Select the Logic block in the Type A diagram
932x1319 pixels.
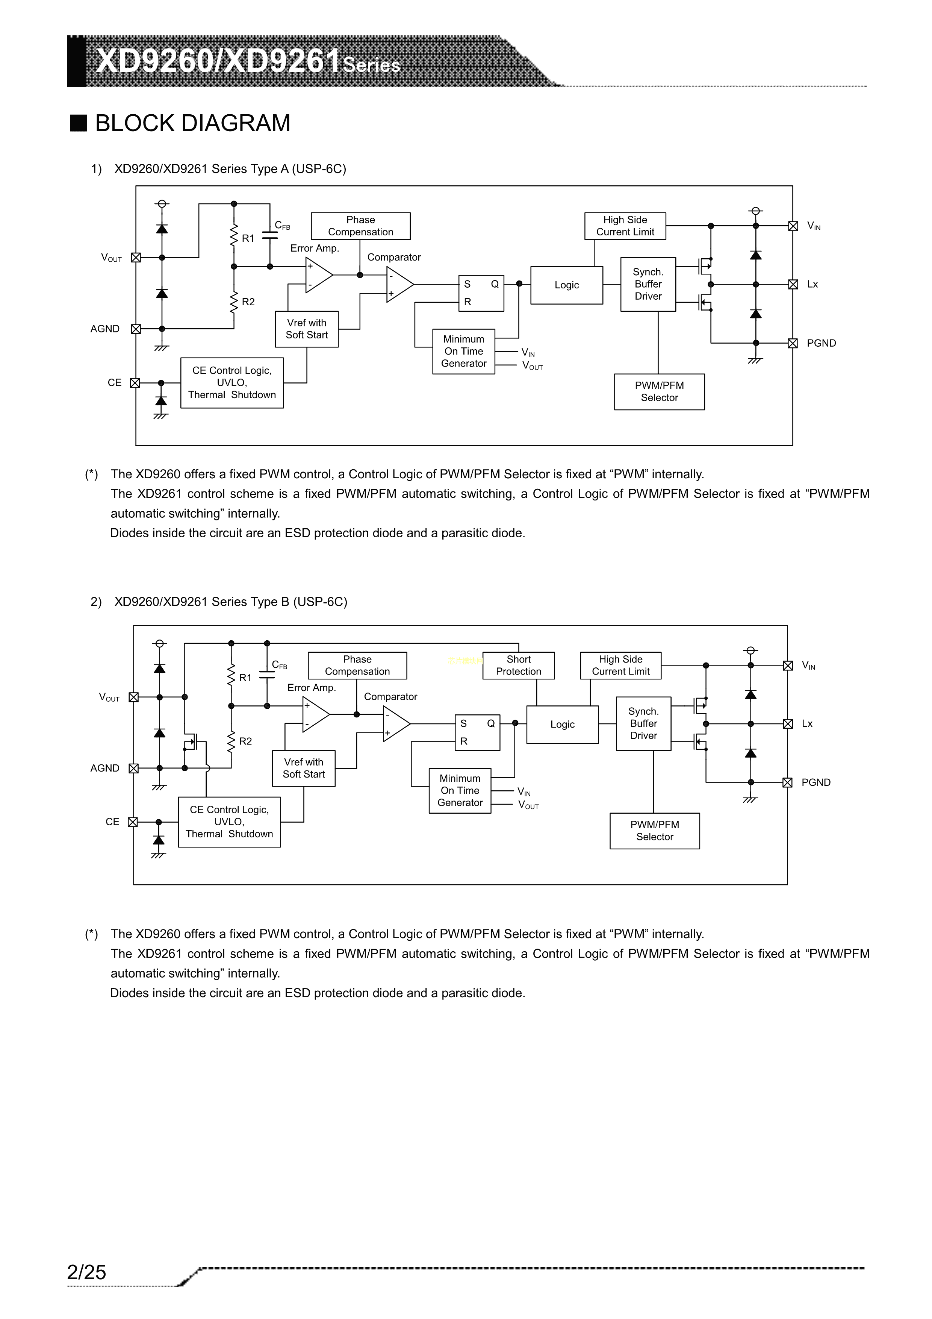(566, 285)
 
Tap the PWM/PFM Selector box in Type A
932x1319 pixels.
(659, 392)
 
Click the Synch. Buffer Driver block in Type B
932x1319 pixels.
(643, 724)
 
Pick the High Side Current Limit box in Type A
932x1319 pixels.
(625, 226)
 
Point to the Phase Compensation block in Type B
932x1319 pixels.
(357, 665)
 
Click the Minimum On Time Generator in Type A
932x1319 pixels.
(463, 351)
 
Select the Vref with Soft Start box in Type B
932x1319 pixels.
(303, 768)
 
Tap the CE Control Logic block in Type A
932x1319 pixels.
(232, 383)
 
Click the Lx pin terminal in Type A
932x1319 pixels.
(793, 284)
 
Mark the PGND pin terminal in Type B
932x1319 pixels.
(788, 782)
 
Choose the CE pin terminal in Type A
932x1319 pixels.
(135, 383)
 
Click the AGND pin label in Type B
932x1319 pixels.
(104, 768)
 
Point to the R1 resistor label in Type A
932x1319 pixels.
(248, 238)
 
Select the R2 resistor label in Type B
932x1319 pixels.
(245, 741)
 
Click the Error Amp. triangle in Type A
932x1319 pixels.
(318, 275)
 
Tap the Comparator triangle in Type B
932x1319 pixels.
(395, 724)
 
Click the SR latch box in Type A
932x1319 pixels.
(481, 293)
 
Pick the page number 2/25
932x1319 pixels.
(87, 1272)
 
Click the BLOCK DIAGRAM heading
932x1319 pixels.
(192, 123)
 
